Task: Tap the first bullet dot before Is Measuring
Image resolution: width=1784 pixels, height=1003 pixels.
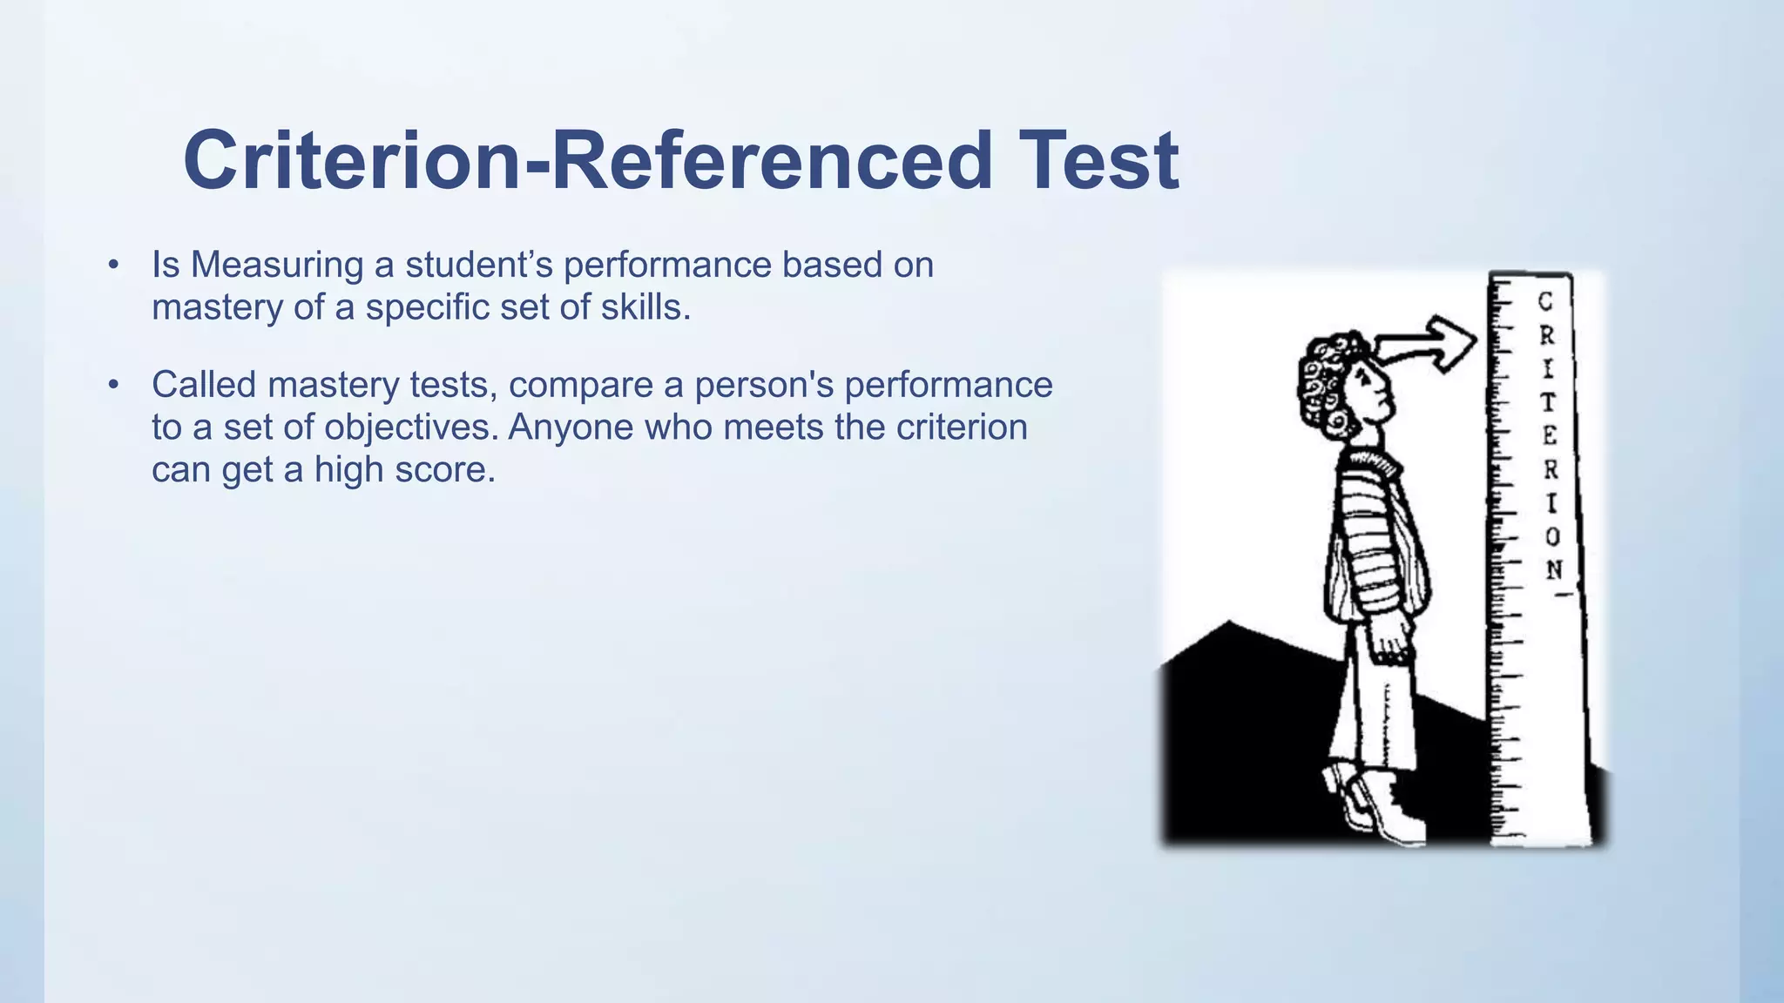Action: (x=113, y=265)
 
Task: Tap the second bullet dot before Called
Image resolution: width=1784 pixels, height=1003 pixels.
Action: (x=113, y=384)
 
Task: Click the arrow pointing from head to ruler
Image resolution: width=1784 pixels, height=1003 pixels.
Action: (x=1429, y=344)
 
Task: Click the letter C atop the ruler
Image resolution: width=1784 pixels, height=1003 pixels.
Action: (x=1545, y=301)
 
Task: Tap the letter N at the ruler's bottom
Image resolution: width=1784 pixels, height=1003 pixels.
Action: (x=1554, y=569)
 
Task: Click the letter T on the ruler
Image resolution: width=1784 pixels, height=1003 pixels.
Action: (x=1548, y=402)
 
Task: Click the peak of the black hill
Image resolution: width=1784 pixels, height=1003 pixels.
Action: (x=1228, y=623)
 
